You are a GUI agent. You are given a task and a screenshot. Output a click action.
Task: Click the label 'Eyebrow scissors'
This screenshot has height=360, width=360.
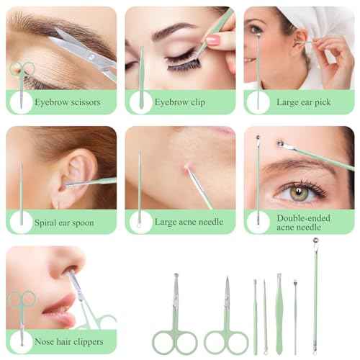click(68, 102)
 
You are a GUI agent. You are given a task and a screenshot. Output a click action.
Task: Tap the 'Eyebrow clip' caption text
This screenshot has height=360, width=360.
click(180, 102)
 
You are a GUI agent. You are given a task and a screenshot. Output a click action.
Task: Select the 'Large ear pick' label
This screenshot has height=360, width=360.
click(304, 102)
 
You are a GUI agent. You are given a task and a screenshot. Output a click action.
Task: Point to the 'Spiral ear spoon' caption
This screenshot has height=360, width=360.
click(64, 222)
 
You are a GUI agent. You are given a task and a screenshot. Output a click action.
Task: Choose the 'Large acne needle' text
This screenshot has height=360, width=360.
click(189, 222)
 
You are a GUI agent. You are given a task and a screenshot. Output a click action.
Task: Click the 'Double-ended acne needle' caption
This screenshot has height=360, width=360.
click(303, 222)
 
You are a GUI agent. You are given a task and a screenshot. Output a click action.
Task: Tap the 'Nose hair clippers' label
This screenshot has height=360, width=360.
click(69, 341)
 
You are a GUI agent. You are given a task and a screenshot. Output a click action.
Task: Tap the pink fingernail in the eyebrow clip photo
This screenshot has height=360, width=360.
click(212, 40)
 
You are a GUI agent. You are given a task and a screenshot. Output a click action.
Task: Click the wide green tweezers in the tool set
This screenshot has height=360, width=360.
click(279, 314)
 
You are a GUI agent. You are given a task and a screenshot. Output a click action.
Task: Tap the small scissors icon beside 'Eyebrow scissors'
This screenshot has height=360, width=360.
click(22, 84)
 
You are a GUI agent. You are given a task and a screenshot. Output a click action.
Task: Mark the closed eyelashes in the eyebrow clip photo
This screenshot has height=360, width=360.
click(184, 63)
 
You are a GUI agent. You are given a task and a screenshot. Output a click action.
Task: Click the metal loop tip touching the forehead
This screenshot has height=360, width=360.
click(280, 143)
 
